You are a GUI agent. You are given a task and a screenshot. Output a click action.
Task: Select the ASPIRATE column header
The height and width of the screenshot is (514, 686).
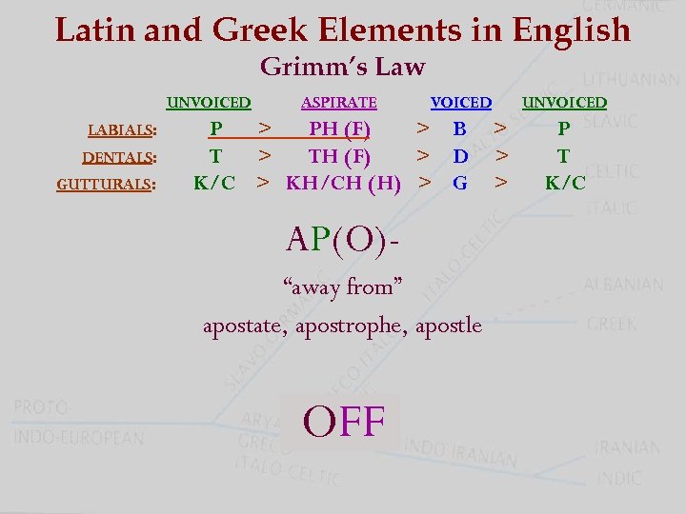pyautogui.click(x=338, y=102)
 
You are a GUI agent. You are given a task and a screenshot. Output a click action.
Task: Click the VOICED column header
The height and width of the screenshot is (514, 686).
pyautogui.click(x=461, y=102)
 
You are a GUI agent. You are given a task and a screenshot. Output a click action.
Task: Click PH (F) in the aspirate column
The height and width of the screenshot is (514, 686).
pyautogui.click(x=340, y=128)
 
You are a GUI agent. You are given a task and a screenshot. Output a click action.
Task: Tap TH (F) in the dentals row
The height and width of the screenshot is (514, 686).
pyautogui.click(x=340, y=155)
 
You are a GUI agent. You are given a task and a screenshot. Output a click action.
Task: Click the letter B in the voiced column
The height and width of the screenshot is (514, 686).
pyautogui.click(x=459, y=128)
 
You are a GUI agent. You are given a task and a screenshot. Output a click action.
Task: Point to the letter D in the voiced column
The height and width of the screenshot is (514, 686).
pyautogui.click(x=460, y=155)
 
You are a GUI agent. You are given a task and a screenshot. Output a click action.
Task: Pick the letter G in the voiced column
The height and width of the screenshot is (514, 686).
pyautogui.click(x=460, y=182)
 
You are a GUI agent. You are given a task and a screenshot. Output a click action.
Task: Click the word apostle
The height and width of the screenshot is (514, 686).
pyautogui.click(x=450, y=326)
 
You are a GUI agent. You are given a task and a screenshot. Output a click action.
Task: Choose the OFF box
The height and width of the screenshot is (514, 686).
pyautogui.click(x=343, y=422)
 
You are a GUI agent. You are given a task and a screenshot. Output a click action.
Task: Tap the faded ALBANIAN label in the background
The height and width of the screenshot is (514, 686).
pyautogui.click(x=624, y=285)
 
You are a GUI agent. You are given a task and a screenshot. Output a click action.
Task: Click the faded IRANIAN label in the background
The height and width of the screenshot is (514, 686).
pyautogui.click(x=627, y=447)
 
